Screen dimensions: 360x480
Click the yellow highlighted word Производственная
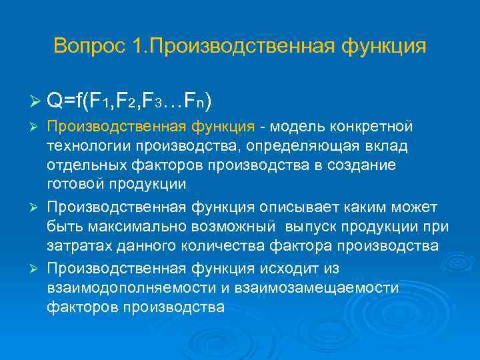click(x=109, y=127)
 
